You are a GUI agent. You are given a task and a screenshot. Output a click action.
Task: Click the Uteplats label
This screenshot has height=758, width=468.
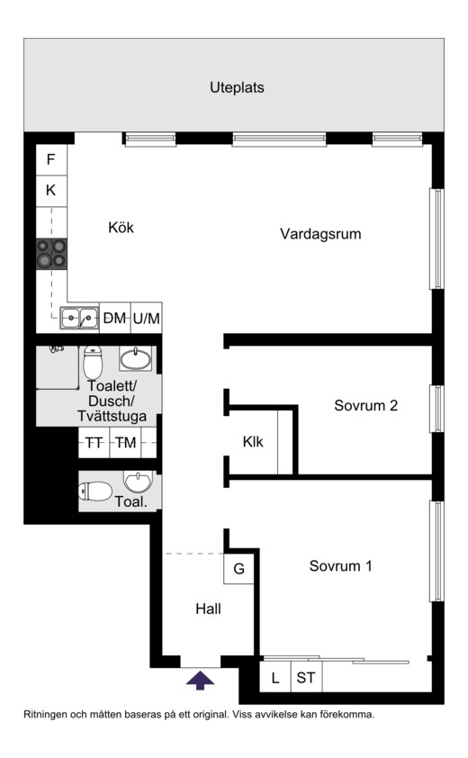(237, 87)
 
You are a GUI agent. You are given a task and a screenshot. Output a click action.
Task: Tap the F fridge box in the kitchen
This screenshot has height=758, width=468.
(51, 159)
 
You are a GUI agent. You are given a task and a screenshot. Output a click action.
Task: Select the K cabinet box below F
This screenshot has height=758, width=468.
(51, 191)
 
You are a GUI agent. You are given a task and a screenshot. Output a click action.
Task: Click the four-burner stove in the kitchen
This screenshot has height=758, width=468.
(51, 254)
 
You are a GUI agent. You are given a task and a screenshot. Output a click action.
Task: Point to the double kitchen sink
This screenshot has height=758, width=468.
(79, 318)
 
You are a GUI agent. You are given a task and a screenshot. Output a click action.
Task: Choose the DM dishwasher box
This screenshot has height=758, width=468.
(115, 318)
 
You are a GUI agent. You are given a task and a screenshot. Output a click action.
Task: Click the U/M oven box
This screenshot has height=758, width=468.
(147, 318)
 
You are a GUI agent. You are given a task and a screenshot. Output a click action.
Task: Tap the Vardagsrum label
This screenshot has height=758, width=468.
(320, 234)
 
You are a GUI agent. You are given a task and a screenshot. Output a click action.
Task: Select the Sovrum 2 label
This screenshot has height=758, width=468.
(366, 405)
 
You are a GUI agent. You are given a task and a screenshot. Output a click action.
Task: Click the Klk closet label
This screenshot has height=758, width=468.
(253, 441)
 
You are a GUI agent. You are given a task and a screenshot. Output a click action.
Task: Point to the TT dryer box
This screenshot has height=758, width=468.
(94, 442)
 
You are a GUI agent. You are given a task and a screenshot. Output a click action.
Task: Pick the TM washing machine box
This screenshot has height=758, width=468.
(125, 442)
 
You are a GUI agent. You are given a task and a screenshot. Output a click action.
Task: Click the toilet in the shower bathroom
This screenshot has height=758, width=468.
(93, 362)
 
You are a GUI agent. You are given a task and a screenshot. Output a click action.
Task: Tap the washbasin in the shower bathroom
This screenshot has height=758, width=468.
(135, 358)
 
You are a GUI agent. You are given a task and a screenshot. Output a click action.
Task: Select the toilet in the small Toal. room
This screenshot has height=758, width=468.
(95, 492)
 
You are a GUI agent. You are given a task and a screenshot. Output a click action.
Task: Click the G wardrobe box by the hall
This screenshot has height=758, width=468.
(238, 569)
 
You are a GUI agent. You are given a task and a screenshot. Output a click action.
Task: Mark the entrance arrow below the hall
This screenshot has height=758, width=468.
(200, 680)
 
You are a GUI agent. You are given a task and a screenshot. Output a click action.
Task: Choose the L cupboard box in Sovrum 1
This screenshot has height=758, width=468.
(275, 677)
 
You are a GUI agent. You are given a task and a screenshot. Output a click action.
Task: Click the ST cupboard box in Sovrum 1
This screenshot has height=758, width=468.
(306, 677)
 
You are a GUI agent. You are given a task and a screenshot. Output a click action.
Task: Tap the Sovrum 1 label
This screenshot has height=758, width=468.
(341, 565)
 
